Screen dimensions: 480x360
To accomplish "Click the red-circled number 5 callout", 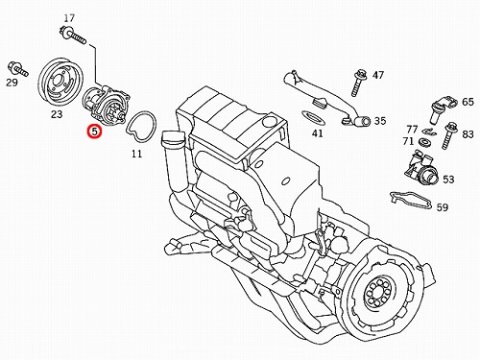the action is coord(95,132).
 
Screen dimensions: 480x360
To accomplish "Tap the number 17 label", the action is coord(69,18).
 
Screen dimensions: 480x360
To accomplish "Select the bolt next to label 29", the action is coord(17,69).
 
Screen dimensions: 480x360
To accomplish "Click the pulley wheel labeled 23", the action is coord(60,83).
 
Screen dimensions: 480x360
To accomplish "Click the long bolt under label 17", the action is coord(73,36).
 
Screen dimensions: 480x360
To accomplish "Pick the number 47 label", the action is coord(378,75).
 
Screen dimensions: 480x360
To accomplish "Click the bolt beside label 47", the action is coord(358,83).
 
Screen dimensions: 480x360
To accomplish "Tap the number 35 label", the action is coord(380,121).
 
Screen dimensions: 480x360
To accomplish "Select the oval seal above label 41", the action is coord(312,117).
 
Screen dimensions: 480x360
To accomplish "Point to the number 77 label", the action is coord(412,130).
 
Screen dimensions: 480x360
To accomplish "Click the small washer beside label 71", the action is coord(424,141).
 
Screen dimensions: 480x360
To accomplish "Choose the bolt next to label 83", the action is coord(449,136).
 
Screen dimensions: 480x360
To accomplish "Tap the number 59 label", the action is coord(443,207).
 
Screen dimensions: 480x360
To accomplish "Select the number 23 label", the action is coord(57,114).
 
